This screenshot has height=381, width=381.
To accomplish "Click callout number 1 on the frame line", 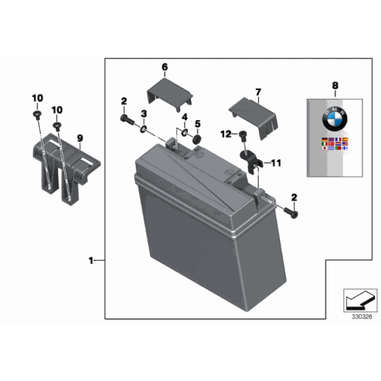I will point(91,261).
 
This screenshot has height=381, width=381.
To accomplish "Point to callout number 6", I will point(164,67).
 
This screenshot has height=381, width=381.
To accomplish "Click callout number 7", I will point(258,91).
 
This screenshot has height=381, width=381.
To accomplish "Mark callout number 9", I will point(80,138).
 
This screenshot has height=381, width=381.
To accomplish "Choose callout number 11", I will point(276,162).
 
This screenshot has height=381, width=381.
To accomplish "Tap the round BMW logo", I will point(334,121).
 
